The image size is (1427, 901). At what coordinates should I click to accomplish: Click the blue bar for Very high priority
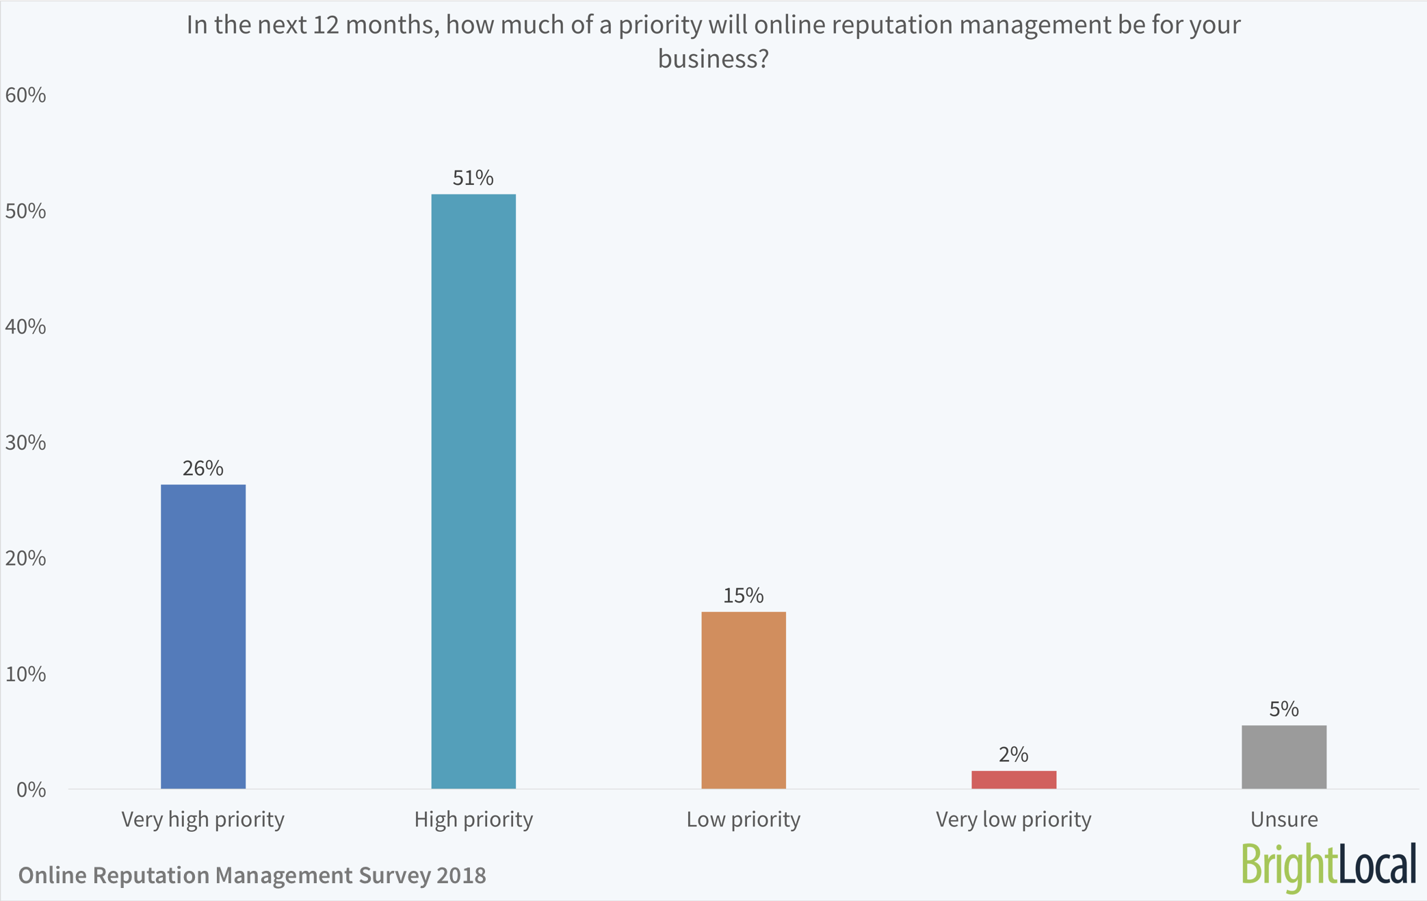pos(203,637)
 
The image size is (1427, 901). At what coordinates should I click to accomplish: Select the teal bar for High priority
pos(473,492)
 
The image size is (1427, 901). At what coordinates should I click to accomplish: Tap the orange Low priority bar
pos(744,700)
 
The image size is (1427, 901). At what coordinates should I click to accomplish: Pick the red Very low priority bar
pos(1014,780)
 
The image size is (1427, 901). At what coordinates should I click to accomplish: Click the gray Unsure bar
pos(1284,757)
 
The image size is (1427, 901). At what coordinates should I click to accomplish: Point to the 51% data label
pos(473,178)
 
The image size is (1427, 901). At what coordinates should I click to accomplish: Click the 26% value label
pos(202,468)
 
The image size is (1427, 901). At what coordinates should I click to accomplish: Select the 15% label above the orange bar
pos(743,596)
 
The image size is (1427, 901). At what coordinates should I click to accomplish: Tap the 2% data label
pos(1013,754)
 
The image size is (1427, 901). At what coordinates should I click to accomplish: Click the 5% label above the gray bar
pos(1283,709)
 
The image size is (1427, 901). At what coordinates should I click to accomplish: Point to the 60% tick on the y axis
pos(25,95)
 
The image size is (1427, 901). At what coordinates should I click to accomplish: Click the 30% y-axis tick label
pos(25,443)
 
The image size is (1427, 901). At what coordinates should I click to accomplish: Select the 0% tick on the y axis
pos(31,790)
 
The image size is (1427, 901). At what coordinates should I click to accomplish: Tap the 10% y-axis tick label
pos(25,674)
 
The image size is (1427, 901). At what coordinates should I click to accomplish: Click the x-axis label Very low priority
pos(1013,820)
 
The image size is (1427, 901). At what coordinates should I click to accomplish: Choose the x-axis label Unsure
pos(1283,820)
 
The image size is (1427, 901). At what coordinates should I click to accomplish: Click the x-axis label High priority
pos(473,820)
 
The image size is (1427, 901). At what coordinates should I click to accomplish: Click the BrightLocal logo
pos(1328,865)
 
